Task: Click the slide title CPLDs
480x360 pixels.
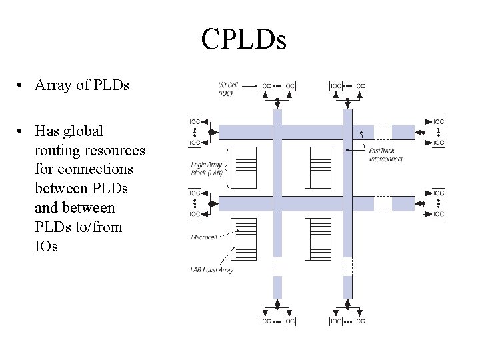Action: pyautogui.click(x=243, y=40)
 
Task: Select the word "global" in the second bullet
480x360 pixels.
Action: pyautogui.click(x=82, y=131)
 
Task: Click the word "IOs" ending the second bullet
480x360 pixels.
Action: pyautogui.click(x=46, y=246)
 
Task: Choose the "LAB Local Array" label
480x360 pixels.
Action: pyautogui.click(x=211, y=270)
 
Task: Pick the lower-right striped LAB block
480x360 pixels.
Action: pyautogui.click(x=320, y=239)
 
